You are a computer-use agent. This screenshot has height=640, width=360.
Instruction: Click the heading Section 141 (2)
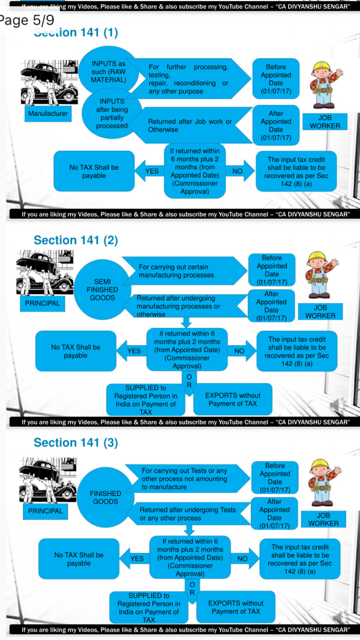[76, 240]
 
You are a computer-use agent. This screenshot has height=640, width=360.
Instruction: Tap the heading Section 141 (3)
[76, 442]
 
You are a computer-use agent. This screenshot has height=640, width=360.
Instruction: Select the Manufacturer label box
[48, 113]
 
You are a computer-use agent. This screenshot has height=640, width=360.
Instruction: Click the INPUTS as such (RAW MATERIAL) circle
[109, 71]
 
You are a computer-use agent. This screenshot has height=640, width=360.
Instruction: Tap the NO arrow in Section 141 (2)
[239, 351]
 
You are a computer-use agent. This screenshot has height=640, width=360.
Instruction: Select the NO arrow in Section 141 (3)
[242, 558]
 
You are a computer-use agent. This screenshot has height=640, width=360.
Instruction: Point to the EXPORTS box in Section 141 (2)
[233, 399]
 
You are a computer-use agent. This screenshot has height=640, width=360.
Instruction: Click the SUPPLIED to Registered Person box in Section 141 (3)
[149, 607]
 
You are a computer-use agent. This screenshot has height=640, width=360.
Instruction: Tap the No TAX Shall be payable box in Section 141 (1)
[94, 171]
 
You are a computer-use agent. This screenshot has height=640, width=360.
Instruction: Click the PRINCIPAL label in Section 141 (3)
[46, 511]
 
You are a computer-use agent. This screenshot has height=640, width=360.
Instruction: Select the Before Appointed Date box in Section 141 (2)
[272, 270]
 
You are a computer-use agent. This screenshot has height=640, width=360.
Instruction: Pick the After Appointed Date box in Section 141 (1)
[276, 125]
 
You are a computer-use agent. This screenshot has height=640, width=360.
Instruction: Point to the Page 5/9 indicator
[27, 20]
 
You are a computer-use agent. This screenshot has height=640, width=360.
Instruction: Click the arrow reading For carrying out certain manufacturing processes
[180, 271]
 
